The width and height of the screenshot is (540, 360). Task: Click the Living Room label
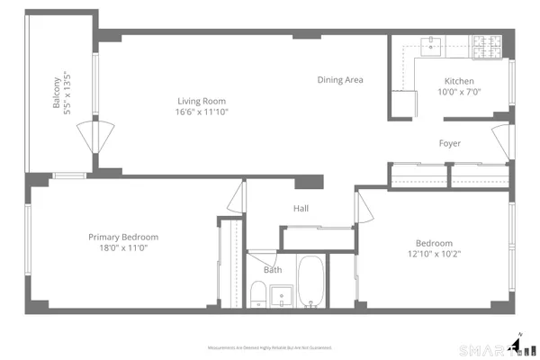pos(201,101)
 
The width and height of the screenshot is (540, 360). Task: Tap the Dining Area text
pos(340,80)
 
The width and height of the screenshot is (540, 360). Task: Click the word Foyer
pos(450,144)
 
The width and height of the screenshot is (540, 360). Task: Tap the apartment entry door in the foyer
pos(501,142)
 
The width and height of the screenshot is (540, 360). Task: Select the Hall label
pos(301,209)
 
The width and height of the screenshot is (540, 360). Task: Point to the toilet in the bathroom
pos(256,294)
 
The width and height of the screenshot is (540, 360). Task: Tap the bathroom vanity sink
pos(282,294)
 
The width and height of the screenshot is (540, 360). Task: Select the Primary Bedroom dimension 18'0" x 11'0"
pos(117,248)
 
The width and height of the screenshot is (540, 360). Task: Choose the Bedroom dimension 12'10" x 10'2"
pos(434,254)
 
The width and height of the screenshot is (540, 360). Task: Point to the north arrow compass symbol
pos(518,345)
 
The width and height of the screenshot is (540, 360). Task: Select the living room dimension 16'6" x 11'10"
pos(201,112)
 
